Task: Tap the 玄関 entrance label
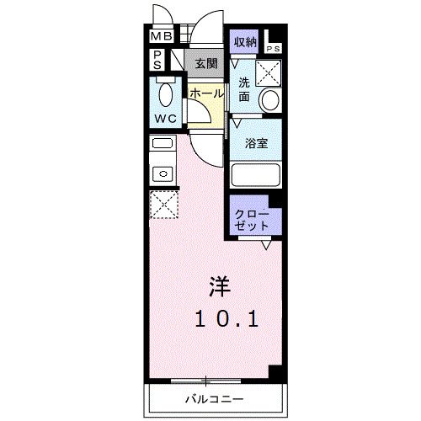pos(205,63)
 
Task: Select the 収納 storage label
pos(245,42)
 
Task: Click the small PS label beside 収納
pos(275,50)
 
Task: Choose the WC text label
pos(165,118)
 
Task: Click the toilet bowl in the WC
pos(165,92)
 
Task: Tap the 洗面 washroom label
pos(243,89)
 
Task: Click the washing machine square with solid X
pos(270,73)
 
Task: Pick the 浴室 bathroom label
pos(256,143)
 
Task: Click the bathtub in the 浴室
pos(256,175)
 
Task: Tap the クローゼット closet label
pos(253,219)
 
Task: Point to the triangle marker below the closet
pos(266,245)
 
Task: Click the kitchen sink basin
pos(162,174)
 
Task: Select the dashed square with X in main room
pos(162,205)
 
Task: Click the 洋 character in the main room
pos(219,286)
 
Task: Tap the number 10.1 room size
pos(226,318)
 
